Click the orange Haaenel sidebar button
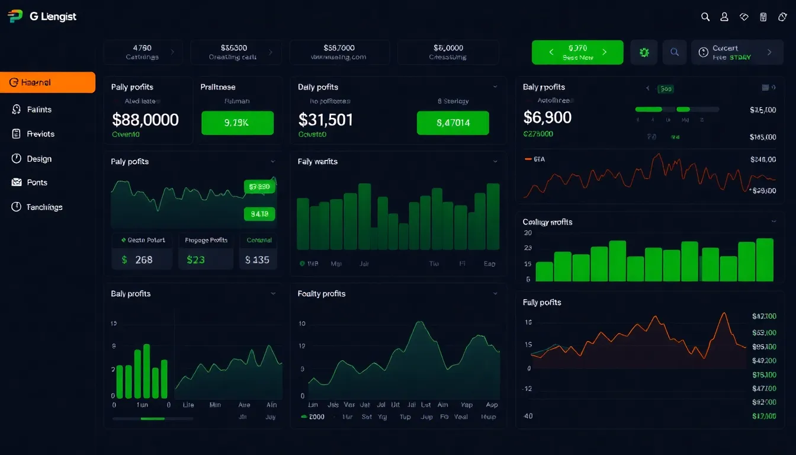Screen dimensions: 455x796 pos(47,82)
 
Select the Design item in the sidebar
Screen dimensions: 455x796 pos(38,159)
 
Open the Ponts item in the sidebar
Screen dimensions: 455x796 pos(37,182)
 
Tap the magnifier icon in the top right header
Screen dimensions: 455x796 pos(705,17)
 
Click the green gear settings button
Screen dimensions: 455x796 pos(644,52)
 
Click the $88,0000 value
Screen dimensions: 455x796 pos(145,120)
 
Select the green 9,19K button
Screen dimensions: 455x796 pos(237,123)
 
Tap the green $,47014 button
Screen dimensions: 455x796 pos(452,123)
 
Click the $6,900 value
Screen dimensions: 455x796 pos(547,117)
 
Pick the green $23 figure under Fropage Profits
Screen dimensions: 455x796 pos(196,259)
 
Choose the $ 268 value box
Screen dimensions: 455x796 pos(142,259)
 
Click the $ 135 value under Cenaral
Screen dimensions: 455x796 pos(258,259)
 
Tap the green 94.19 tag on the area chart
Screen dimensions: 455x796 pos(259,214)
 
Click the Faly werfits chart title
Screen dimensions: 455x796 pos(317,161)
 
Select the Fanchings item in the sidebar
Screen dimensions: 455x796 pos(44,207)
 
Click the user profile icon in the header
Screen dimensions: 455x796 pos(724,17)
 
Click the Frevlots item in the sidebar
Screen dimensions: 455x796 pos(40,134)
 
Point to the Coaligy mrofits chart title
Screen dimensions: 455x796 pos(547,222)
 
